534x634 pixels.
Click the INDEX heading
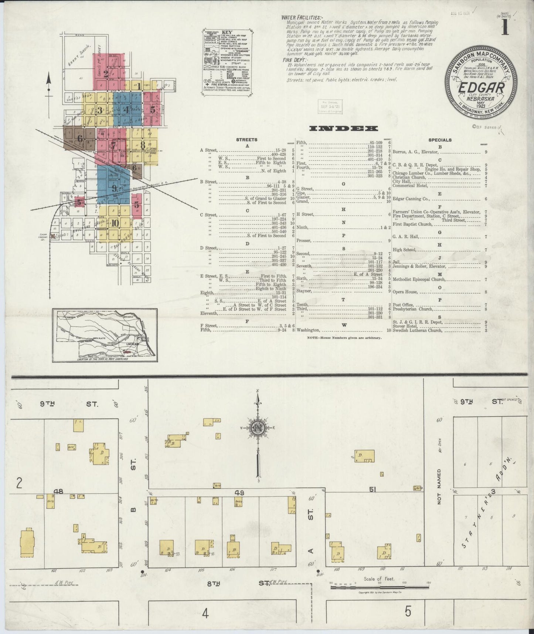point(343,128)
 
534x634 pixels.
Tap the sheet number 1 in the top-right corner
point(504,28)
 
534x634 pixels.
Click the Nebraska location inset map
point(105,336)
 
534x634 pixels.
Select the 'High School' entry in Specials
point(405,250)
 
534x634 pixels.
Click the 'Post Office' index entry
point(403,305)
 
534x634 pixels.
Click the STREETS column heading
point(247,140)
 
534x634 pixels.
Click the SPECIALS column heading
point(440,140)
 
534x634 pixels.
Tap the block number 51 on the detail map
point(373,489)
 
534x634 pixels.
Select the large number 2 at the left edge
point(20,483)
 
